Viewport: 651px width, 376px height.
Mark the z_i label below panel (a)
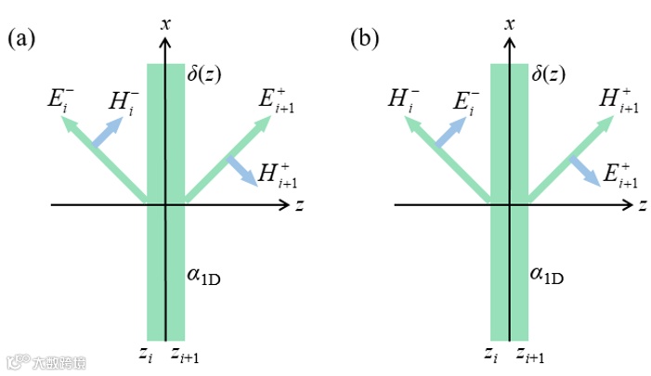coord(147,356)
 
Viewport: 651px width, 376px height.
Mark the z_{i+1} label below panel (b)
coord(531,356)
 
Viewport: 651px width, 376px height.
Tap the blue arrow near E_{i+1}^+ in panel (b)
coord(584,168)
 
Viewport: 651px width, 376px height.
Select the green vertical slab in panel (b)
coord(509,279)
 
